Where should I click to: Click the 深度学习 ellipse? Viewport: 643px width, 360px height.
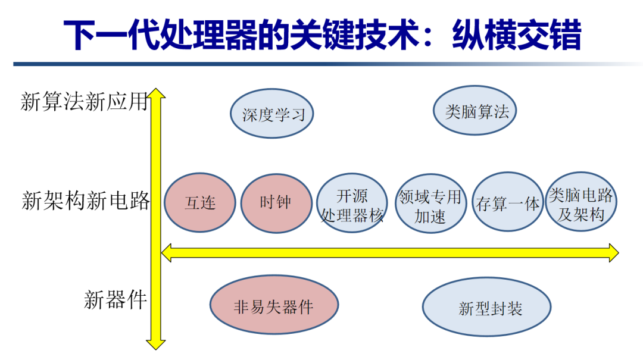[x=272, y=114]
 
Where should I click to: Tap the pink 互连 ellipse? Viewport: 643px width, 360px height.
[x=199, y=203]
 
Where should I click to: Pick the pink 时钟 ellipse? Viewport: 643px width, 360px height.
[x=276, y=202]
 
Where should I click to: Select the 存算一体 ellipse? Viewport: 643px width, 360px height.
[x=507, y=204]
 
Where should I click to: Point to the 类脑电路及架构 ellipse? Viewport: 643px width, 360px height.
[x=581, y=204]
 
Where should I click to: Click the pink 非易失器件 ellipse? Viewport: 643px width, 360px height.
[x=274, y=306]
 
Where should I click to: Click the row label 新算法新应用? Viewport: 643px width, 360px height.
[x=83, y=102]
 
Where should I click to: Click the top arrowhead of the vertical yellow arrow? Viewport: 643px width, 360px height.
[x=156, y=95]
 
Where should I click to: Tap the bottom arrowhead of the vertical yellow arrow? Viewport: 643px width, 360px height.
[x=156, y=343]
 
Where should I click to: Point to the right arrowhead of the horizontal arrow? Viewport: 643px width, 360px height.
[x=613, y=252]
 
